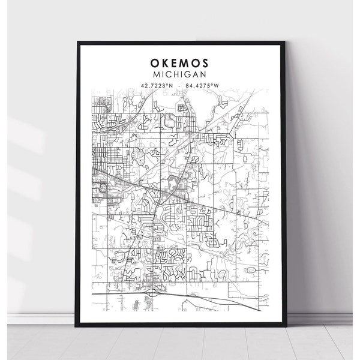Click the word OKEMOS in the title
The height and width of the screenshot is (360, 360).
coord(181,62)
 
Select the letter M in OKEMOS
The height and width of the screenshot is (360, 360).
coord(185,62)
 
